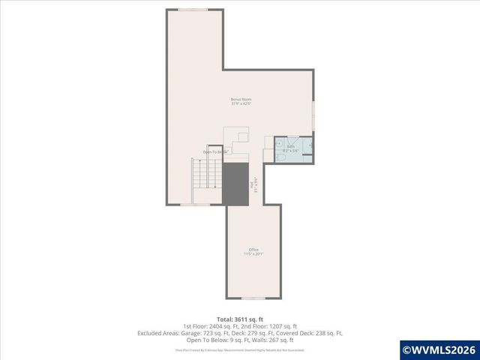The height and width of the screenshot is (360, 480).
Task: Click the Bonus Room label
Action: [240, 99]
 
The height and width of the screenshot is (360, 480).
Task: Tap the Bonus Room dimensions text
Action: [240, 103]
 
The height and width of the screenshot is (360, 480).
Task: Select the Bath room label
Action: [291, 147]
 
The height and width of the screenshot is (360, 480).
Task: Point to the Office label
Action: [253, 250]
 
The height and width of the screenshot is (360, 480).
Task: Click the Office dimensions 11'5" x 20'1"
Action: [253, 254]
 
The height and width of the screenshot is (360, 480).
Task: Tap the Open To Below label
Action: [214, 152]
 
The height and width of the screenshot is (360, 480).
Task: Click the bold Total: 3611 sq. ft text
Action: [240, 319]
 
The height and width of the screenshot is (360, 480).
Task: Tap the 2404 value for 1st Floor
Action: [209, 326]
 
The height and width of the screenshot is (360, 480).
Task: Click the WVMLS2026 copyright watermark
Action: [439, 349]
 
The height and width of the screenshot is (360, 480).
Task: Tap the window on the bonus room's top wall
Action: [193, 10]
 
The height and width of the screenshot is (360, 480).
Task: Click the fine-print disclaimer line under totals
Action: [240, 349]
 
